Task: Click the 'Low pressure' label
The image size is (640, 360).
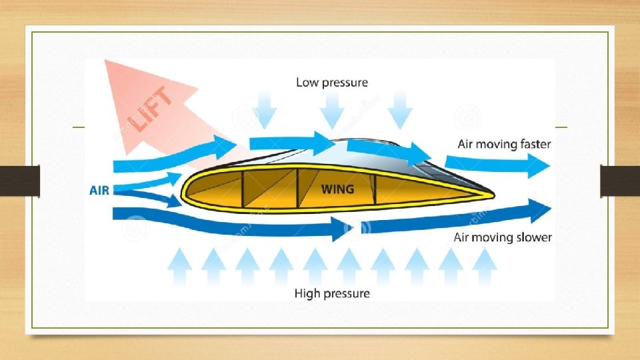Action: pyautogui.click(x=332, y=83)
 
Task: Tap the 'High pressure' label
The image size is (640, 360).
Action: pyautogui.click(x=332, y=293)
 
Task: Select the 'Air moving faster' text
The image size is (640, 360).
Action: pyautogui.click(x=504, y=144)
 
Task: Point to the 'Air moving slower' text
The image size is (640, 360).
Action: pyautogui.click(x=503, y=237)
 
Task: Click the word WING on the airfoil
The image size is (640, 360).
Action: pyautogui.click(x=338, y=189)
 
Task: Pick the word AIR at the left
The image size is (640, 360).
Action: pyautogui.click(x=100, y=190)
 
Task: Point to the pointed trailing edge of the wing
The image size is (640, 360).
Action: pyautogui.click(x=492, y=195)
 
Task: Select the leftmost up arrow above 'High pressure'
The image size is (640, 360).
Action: pyautogui.click(x=179, y=267)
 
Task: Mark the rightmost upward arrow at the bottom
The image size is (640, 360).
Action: pyautogui.click(x=485, y=267)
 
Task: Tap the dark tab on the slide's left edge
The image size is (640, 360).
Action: pyautogui.click(x=19, y=181)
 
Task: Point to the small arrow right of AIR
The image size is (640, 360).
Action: pyautogui.click(x=160, y=179)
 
